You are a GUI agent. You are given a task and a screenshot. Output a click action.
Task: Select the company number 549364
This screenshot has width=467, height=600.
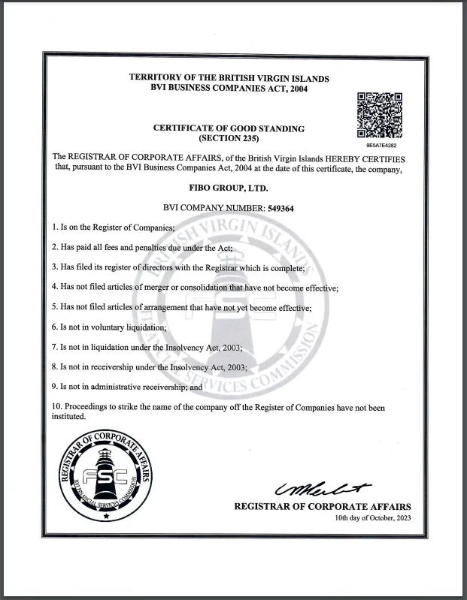(278, 208)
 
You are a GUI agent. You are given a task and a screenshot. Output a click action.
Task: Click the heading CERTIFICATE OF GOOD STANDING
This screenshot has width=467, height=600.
(229, 128)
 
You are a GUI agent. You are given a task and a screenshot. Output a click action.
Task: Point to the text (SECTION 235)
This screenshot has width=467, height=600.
(229, 139)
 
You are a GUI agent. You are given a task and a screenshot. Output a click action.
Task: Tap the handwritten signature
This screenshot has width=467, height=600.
(323, 489)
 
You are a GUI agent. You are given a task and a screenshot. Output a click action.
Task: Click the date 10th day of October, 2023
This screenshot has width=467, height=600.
(373, 519)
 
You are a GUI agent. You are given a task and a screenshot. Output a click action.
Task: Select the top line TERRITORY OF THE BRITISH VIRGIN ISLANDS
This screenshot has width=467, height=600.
(229, 78)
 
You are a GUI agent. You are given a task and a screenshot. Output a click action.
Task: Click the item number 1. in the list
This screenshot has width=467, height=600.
(55, 227)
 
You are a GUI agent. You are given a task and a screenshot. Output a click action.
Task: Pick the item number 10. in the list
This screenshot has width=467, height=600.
(57, 407)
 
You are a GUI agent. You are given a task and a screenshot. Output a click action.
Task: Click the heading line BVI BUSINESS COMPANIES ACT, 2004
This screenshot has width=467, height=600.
(229, 89)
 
